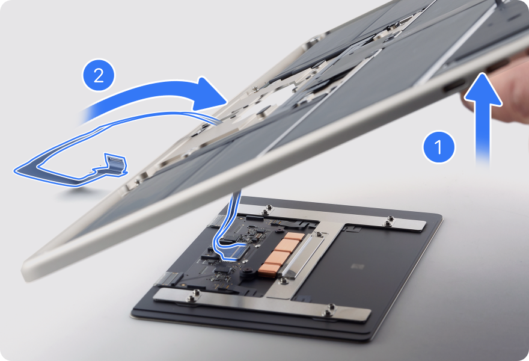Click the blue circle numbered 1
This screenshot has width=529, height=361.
pyautogui.click(x=439, y=147)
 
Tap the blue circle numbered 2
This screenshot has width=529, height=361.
pyautogui.click(x=99, y=75)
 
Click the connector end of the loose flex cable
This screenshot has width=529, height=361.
pyautogui.click(x=115, y=165)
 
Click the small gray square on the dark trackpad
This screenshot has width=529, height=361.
pyautogui.click(x=357, y=267)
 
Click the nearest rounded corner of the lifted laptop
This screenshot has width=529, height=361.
pyautogui.click(x=29, y=270)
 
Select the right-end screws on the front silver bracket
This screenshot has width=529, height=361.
pyautogui.click(x=329, y=310)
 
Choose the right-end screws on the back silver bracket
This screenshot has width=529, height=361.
pyautogui.click(x=390, y=221)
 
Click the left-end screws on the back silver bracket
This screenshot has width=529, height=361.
pyautogui.click(x=267, y=210)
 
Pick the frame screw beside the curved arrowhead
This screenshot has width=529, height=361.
pyautogui.click(x=255, y=89)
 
